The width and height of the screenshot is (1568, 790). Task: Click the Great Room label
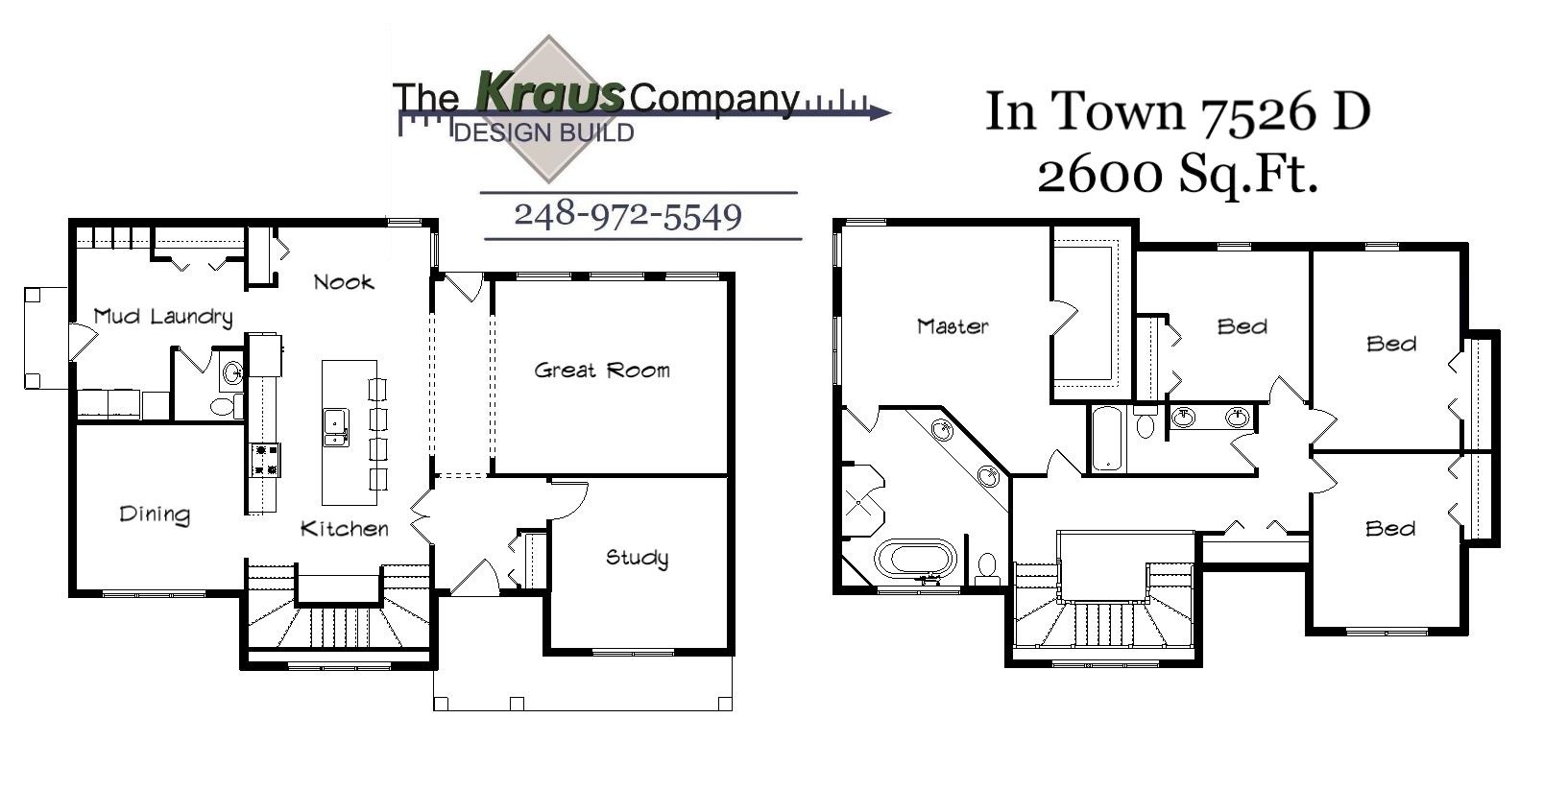click(x=602, y=371)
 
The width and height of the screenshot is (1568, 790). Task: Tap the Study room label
click(x=637, y=558)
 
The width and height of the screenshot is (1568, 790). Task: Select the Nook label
click(x=344, y=282)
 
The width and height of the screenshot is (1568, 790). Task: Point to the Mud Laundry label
click(x=163, y=317)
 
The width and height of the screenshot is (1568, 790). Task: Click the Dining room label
click(x=155, y=515)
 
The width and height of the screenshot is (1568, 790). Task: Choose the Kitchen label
click(x=345, y=529)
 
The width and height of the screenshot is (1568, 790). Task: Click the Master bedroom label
click(x=953, y=326)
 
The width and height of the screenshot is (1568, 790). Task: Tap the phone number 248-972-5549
click(x=628, y=215)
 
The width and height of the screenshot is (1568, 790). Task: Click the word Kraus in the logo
click(x=549, y=93)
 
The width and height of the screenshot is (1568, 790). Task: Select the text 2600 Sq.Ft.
click(x=1177, y=175)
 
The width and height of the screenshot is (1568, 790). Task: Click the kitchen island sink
click(x=335, y=427)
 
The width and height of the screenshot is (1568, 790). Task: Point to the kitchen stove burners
click(x=265, y=459)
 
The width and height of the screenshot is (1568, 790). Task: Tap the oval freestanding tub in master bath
click(x=916, y=559)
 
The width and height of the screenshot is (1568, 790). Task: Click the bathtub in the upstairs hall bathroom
click(x=1107, y=440)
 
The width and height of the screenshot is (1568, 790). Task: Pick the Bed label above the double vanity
click(x=1242, y=327)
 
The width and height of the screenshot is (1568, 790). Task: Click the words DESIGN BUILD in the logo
click(x=543, y=132)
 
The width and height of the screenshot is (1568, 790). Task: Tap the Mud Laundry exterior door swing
click(x=81, y=341)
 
